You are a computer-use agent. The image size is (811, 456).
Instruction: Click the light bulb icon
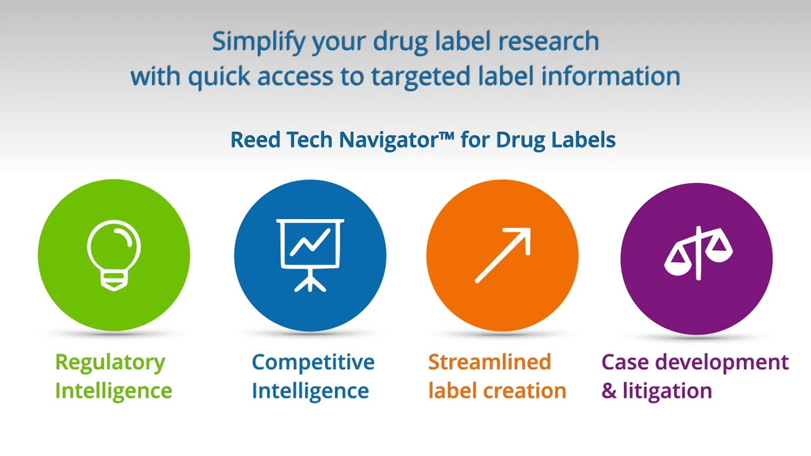click(113, 255)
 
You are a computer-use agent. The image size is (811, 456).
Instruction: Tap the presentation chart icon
click(310, 255)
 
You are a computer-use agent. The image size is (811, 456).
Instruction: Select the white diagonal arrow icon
click(503, 255)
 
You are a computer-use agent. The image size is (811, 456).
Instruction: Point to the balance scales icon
click(698, 253)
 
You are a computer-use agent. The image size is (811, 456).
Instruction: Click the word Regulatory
click(110, 363)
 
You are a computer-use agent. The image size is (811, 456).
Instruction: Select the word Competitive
click(313, 362)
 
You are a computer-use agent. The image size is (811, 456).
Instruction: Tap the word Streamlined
click(490, 362)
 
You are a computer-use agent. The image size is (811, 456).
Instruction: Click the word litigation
click(667, 391)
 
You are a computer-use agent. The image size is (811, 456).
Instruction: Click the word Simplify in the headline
click(259, 42)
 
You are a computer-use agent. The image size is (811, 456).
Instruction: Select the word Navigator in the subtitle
click(390, 140)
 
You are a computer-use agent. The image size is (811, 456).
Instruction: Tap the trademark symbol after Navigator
click(447, 136)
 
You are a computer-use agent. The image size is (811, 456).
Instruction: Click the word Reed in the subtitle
click(255, 140)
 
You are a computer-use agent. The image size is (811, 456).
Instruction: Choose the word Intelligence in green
click(113, 391)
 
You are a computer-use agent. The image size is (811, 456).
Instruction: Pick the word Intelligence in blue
click(310, 391)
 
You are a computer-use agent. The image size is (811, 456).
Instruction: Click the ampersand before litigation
click(609, 391)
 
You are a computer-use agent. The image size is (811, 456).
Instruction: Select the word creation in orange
click(525, 391)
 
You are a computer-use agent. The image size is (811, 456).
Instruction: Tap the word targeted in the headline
click(421, 77)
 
